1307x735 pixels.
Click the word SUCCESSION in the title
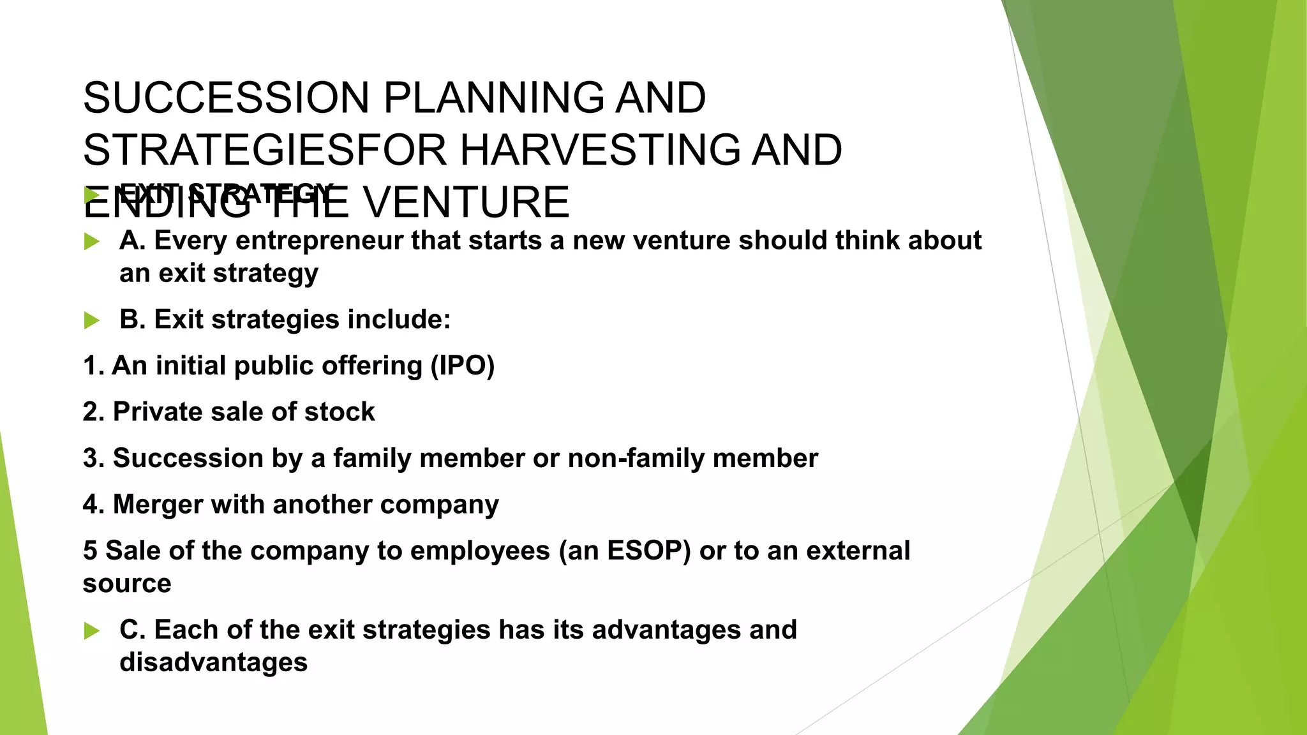tap(226, 98)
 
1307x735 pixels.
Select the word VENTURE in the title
tap(465, 202)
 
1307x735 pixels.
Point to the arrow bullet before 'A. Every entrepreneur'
tap(92, 242)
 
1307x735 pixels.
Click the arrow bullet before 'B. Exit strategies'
tap(92, 320)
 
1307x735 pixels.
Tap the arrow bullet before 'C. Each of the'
tap(92, 631)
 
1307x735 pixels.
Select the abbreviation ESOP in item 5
tap(648, 551)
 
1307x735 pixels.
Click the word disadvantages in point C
tap(213, 662)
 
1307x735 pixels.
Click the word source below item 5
tap(127, 584)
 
